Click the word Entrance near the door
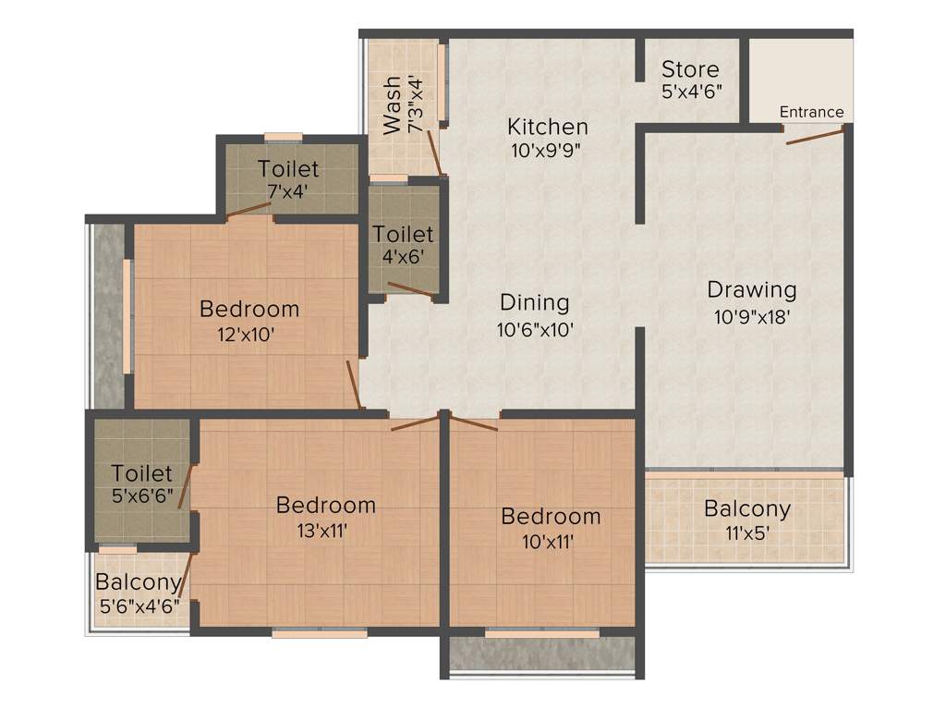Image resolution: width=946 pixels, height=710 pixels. pyautogui.click(x=811, y=112)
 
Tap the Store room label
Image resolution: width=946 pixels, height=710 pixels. pyautogui.click(x=690, y=69)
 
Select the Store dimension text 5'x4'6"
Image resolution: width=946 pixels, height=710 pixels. pyautogui.click(x=691, y=92)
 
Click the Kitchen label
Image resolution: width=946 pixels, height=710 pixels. pyautogui.click(x=548, y=127)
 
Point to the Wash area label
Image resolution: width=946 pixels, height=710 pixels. pyautogui.click(x=393, y=105)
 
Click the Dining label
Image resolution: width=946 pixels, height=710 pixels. pyautogui.click(x=534, y=302)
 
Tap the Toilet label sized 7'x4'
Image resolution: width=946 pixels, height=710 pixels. pyautogui.click(x=288, y=169)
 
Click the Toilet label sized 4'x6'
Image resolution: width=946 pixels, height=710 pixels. pyautogui.click(x=403, y=235)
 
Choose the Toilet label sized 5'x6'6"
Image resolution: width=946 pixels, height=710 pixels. pyautogui.click(x=141, y=473)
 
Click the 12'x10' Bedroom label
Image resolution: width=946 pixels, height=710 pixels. pyautogui.click(x=249, y=309)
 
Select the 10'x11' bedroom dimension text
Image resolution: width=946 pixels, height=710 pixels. pyautogui.click(x=551, y=542)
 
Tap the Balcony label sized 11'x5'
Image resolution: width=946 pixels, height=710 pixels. pyautogui.click(x=747, y=508)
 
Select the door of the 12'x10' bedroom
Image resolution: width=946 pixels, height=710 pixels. pyautogui.click(x=354, y=384)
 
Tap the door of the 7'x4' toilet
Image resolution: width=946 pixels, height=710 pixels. pyautogui.click(x=249, y=210)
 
